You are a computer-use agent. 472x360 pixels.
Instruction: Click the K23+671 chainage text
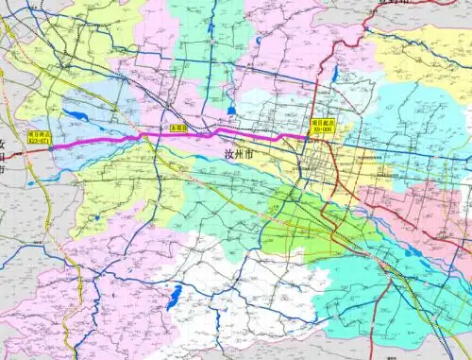pos(42,143)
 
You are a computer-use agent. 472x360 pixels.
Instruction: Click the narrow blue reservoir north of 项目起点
pos(335,74)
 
